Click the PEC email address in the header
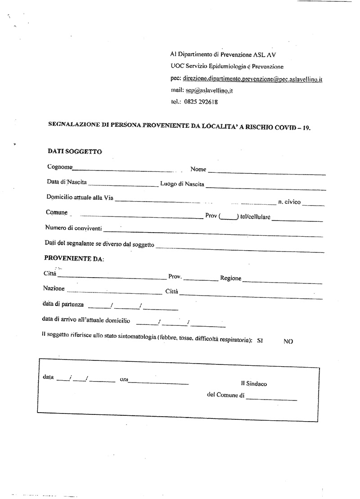[253, 79]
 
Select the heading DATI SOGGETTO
[74, 152]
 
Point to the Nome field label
[198, 169]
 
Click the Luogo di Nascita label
[182, 184]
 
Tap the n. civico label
[289, 202]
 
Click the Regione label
[230, 279]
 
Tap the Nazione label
[54, 288]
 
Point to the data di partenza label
[63, 305]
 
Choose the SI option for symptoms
[260, 341]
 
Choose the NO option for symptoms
[288, 342]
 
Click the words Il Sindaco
[254, 384]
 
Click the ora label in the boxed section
[124, 380]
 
